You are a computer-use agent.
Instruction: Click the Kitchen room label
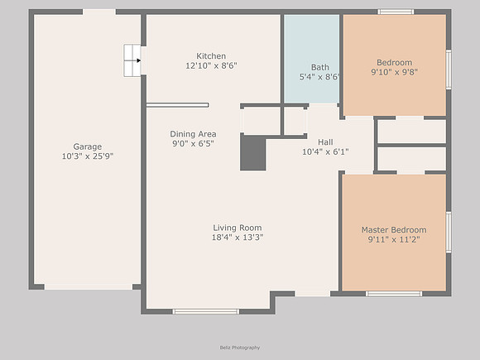tap(211, 56)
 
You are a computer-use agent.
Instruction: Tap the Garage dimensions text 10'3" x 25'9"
tap(88, 156)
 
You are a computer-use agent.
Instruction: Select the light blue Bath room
tap(312, 59)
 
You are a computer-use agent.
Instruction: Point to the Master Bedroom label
tap(394, 229)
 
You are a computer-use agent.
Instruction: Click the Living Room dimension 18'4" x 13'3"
tap(238, 238)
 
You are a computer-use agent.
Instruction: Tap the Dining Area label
tap(193, 134)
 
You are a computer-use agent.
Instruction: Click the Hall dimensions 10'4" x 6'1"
tap(325, 151)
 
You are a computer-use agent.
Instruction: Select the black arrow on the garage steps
tap(139, 60)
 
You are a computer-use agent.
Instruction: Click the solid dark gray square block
tap(253, 153)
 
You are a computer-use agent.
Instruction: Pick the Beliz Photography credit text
tap(240, 348)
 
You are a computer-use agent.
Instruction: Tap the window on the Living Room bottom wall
tap(206, 312)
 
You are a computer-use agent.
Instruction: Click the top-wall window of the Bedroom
tap(396, 12)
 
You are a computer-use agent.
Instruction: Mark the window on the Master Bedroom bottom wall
tap(394, 294)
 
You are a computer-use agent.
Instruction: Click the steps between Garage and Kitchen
tap(132, 60)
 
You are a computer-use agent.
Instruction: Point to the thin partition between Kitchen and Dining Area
tap(178, 105)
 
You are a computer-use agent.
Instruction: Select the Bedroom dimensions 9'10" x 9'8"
tap(394, 72)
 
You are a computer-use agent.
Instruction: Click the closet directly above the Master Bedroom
tap(412, 159)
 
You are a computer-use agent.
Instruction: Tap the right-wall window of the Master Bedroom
tap(449, 233)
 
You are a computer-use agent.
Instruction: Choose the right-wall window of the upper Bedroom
tap(449, 70)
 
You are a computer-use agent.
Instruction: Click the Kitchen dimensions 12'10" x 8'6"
tap(211, 65)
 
